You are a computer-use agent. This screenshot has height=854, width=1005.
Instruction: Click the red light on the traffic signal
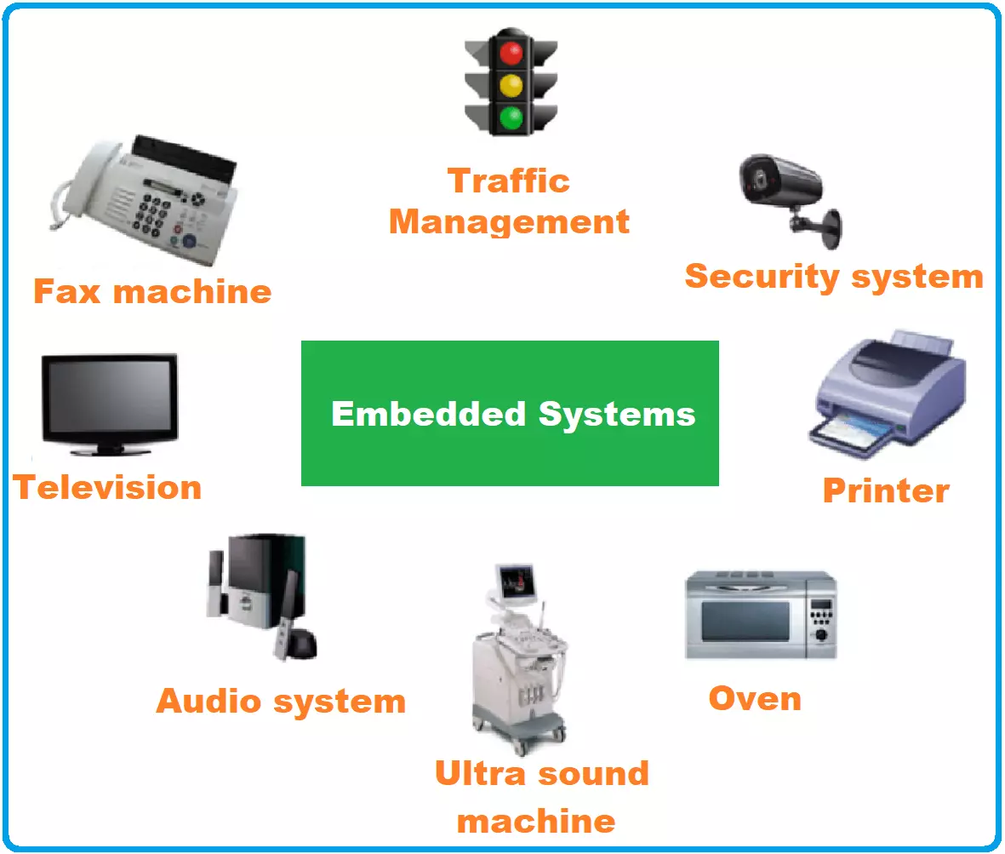pyautogui.click(x=511, y=54)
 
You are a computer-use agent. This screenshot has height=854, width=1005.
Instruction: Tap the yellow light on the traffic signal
pyautogui.click(x=511, y=85)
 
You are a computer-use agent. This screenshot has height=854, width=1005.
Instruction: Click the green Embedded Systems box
pyautogui.click(x=510, y=413)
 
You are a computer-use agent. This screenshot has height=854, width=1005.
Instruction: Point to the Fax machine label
pyautogui.click(x=152, y=292)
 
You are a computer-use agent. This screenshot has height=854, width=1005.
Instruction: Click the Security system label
pyautogui.click(x=833, y=277)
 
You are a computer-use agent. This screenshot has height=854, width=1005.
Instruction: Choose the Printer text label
pyautogui.click(x=885, y=490)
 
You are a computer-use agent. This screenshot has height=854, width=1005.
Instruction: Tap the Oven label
pyautogui.click(x=755, y=698)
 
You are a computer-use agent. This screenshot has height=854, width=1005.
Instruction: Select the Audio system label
pyautogui.click(x=281, y=702)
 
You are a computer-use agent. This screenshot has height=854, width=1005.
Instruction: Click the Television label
pyautogui.click(x=107, y=488)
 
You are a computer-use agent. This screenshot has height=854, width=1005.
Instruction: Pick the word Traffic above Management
pyautogui.click(x=509, y=181)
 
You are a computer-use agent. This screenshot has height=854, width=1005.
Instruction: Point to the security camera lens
pyautogui.click(x=756, y=175)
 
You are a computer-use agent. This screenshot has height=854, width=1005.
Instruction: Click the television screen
pyautogui.click(x=110, y=397)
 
